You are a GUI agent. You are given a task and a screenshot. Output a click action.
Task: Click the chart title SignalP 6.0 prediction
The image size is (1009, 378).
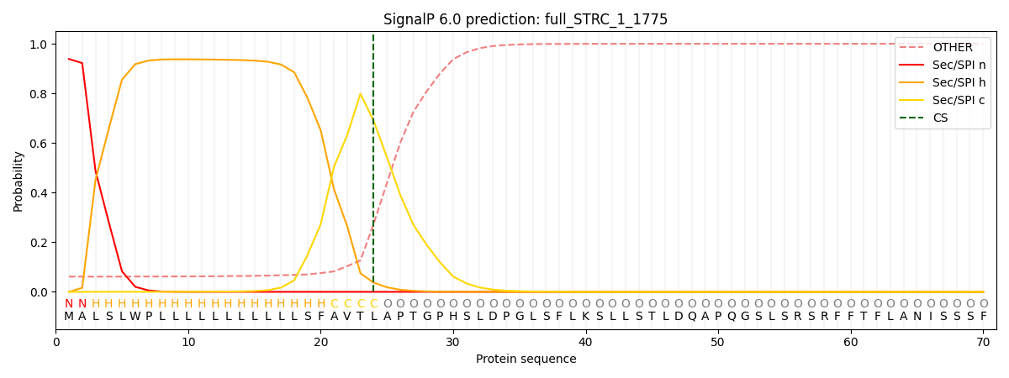pos(525,19)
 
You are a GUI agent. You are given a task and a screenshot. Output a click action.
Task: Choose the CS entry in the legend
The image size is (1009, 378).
pos(940,118)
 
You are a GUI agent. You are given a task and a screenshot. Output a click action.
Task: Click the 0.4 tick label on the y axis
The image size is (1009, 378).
pos(40,193)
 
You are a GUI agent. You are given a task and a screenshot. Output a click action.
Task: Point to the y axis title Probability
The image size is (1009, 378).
pos(18,181)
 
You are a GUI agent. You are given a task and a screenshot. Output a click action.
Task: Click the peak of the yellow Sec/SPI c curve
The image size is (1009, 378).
pos(360,93)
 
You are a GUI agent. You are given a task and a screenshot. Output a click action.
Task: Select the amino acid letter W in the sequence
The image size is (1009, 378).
pos(135,317)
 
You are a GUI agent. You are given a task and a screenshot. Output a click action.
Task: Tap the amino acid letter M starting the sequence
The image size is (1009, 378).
pos(69,317)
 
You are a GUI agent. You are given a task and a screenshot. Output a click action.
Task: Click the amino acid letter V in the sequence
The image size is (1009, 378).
pos(347,317)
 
